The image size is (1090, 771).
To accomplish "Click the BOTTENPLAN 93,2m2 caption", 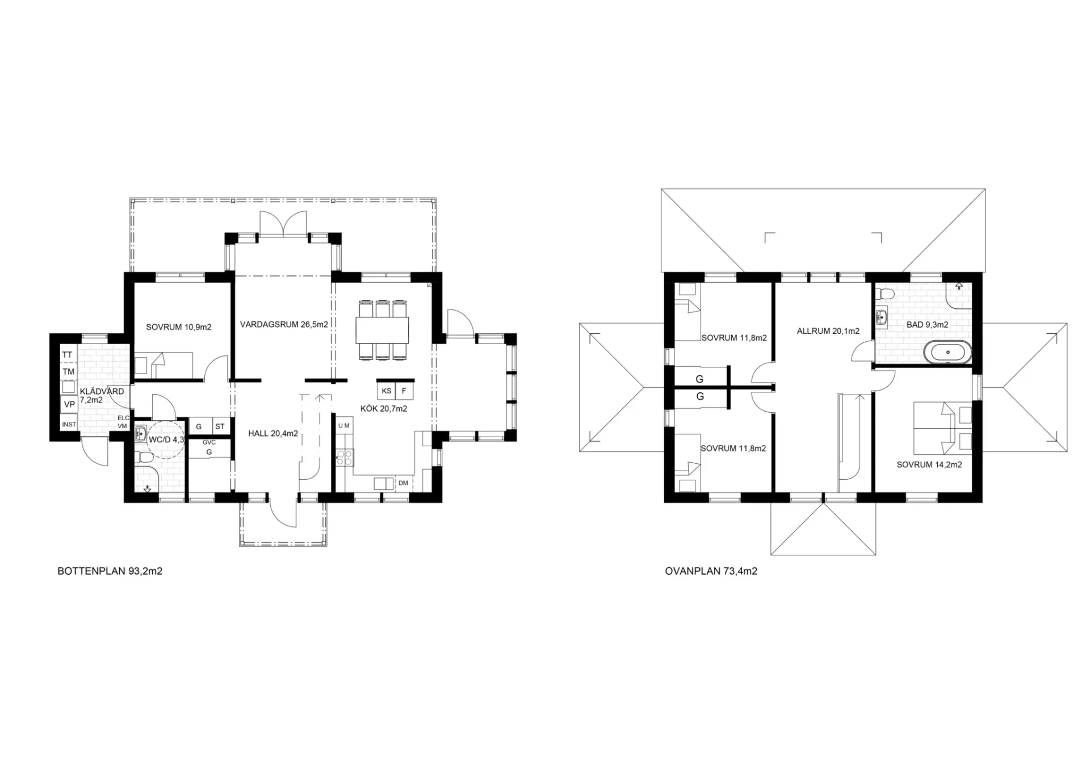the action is point(110,571).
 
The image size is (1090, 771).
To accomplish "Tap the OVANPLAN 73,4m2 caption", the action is point(711,571).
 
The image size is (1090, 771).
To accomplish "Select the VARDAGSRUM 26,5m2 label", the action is point(284,325).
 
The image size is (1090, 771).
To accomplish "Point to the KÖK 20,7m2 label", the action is point(384,408).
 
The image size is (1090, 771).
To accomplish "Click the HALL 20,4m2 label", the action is point(273,434).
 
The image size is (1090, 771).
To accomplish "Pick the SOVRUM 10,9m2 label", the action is point(179,327).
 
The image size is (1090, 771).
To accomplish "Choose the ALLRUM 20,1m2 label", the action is point(828,331).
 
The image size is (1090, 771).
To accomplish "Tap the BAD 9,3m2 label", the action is point(928,325).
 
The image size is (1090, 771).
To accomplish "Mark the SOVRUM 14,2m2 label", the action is point(929,464).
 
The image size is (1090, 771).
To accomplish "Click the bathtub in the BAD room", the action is point(948,352).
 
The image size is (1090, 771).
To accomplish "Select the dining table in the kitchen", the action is point(383,330).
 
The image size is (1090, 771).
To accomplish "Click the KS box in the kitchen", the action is point(387,391).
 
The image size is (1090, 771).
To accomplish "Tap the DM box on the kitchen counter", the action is point(404,483).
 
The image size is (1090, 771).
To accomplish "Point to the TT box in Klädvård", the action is point(68,354).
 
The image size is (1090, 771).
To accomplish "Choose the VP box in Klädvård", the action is point(69,404).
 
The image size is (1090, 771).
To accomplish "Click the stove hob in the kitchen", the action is point(345,457).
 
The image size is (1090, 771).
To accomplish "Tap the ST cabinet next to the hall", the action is point(220,426).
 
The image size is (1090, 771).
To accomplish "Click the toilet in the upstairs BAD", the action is point(884,294).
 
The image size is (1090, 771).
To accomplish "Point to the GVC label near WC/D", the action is point(209,442).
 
